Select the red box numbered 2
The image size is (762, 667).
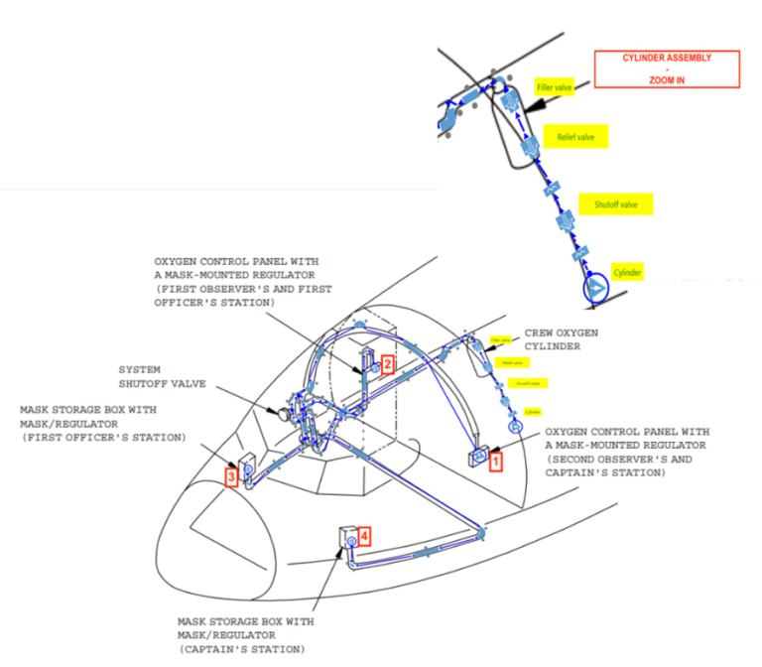[x=388, y=364]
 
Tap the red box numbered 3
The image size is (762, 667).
[x=230, y=477]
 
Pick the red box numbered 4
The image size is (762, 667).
[x=365, y=536]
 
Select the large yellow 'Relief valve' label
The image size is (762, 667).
[x=575, y=137]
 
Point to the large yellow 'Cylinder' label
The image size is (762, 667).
[x=628, y=272]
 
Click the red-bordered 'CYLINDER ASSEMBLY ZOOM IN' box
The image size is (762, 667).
[x=667, y=68]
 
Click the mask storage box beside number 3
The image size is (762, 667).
[x=247, y=464]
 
